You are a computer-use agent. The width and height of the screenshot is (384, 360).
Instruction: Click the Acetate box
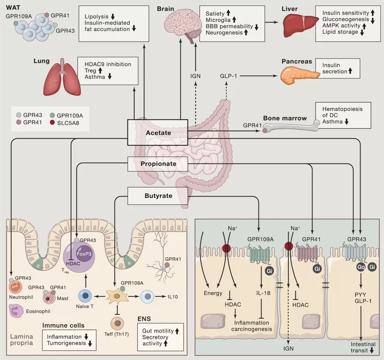[158, 133]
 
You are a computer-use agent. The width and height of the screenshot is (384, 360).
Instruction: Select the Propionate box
[158, 164]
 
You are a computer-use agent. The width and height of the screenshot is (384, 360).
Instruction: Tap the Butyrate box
[158, 195]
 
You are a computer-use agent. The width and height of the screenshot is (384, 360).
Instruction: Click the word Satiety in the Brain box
[215, 14]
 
